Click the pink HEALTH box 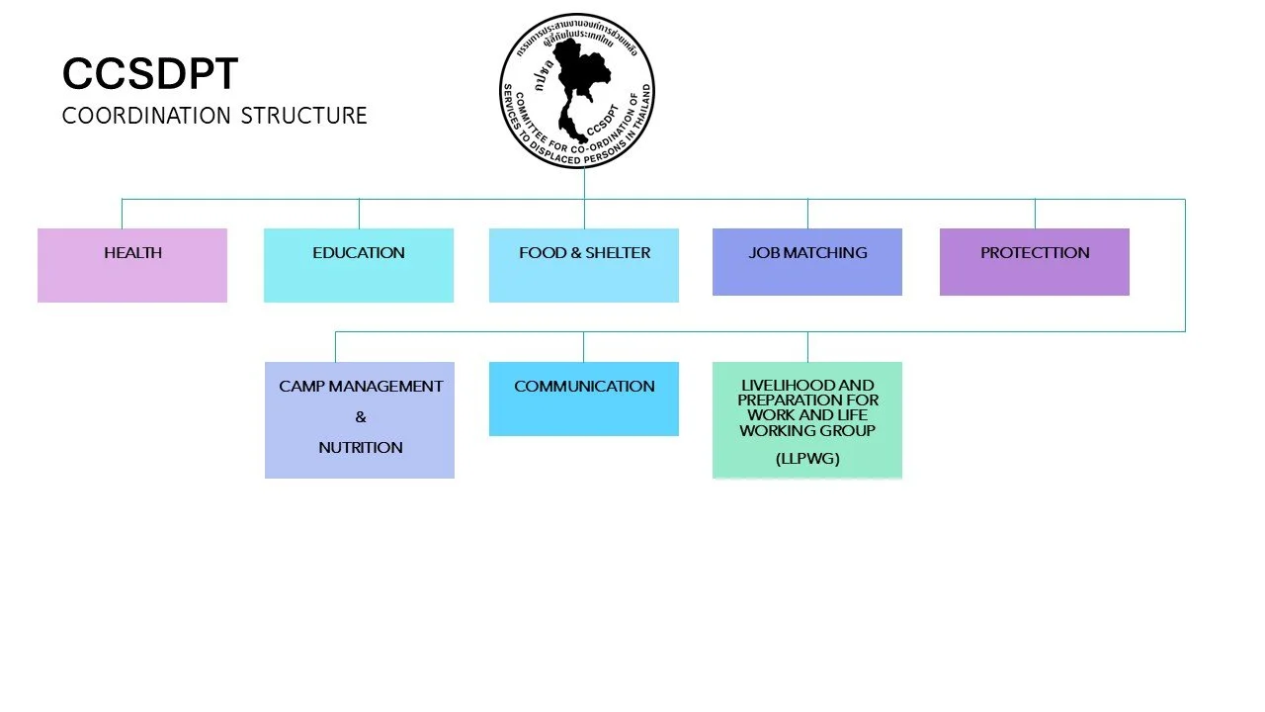point(132,265)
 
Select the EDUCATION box point(359,265)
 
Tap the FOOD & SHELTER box point(584,265)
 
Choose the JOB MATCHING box point(807,262)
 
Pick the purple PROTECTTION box point(1035,262)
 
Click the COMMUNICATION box point(584,399)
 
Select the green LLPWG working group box point(807,420)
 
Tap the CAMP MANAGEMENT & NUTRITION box point(360,420)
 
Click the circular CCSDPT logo point(577,91)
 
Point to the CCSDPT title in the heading point(149,74)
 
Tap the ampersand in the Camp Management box point(361,417)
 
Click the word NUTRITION point(361,448)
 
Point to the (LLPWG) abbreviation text point(807,459)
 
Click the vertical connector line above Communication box point(583,346)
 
